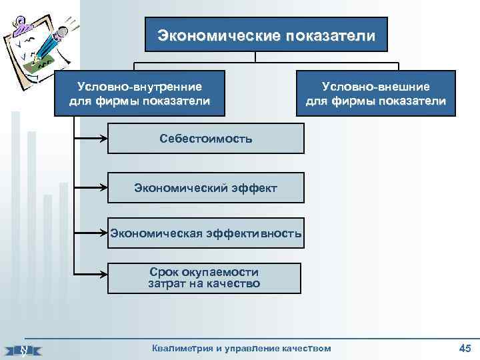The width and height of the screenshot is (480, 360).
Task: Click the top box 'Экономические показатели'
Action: coord(266,34)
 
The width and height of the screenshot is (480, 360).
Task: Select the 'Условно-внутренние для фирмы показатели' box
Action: coord(139,93)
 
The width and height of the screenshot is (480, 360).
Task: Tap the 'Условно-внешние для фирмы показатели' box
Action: coord(375,93)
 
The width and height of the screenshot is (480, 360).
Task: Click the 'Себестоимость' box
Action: coord(205,139)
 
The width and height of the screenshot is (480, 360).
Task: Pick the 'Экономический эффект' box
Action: coord(205,188)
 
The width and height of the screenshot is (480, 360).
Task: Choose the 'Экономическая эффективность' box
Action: coord(205,233)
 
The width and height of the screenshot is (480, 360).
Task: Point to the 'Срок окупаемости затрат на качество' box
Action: coord(204,278)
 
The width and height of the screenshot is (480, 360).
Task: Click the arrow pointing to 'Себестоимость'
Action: coord(91,139)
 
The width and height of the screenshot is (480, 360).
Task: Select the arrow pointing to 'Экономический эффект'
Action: coord(91,188)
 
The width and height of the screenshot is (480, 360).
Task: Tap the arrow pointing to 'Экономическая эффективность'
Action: coord(91,233)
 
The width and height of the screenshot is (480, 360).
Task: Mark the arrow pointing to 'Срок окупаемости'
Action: coord(91,274)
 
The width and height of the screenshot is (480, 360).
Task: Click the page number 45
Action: coord(465,347)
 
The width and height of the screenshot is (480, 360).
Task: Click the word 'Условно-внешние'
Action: coord(375,87)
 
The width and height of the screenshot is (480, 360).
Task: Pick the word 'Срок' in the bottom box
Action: coord(165,272)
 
